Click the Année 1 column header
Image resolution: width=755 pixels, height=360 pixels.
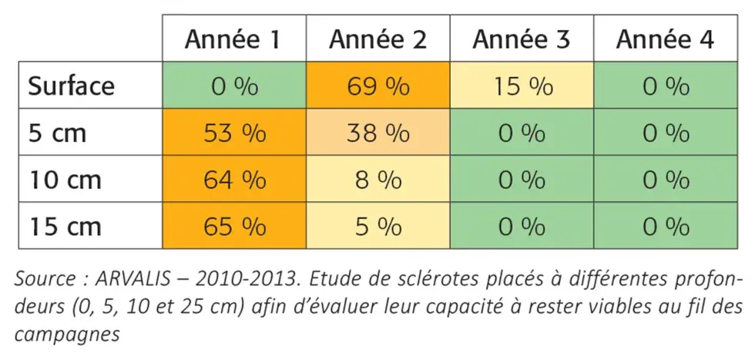click(x=234, y=39)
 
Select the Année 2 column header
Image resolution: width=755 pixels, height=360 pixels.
click(x=377, y=39)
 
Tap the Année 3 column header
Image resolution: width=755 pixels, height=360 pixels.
click(x=522, y=39)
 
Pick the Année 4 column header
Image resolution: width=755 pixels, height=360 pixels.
click(x=666, y=39)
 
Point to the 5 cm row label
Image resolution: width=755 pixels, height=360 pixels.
click(x=59, y=133)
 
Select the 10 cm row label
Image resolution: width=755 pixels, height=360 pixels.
click(x=65, y=180)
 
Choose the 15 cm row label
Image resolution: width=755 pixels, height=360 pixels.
click(x=65, y=227)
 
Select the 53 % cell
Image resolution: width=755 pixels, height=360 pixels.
click(x=234, y=133)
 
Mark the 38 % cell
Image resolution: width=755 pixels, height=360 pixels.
click(x=377, y=133)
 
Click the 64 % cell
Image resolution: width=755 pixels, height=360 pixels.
click(x=234, y=180)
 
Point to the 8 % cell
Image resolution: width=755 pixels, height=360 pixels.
click(x=377, y=180)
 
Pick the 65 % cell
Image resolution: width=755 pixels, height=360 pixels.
click(x=234, y=227)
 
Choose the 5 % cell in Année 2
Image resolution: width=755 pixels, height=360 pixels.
click(x=377, y=227)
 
